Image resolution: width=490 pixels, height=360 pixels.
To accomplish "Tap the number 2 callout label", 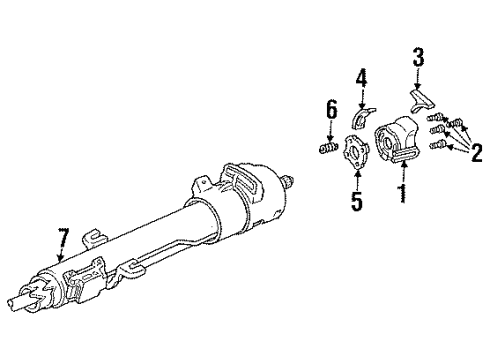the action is [x=478, y=153].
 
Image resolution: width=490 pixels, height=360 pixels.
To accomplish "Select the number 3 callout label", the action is [x=419, y=55].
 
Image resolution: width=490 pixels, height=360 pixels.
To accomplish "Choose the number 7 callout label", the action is [x=63, y=240].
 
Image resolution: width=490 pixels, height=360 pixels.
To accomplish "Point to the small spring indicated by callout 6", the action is [x=327, y=151].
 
